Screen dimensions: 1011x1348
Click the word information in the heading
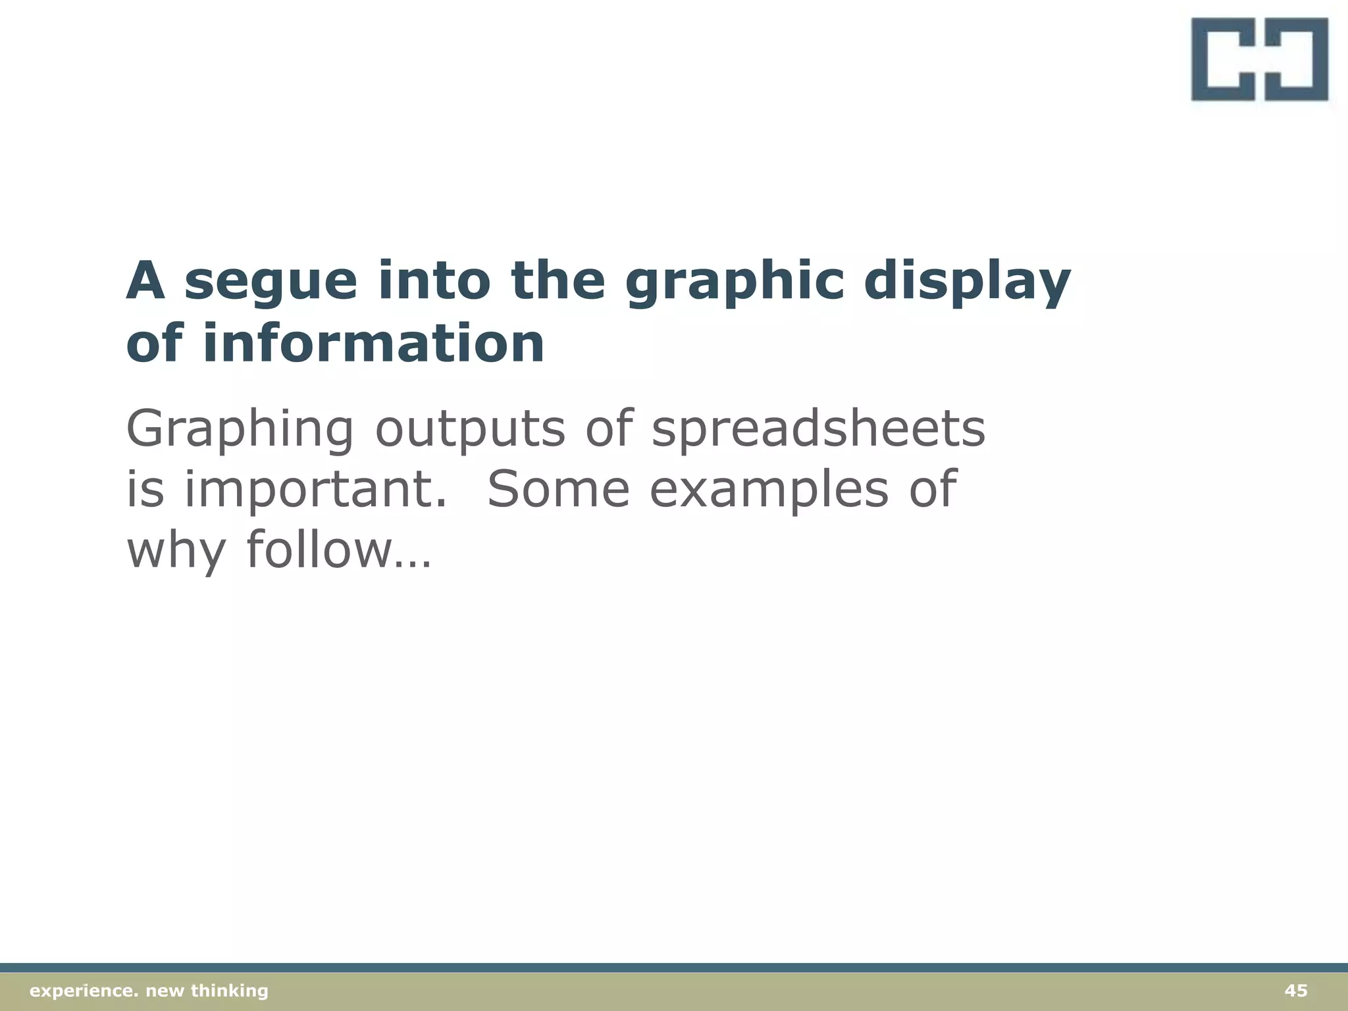point(373,344)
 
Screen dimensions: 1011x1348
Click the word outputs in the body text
point(470,428)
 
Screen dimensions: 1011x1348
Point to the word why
point(176,551)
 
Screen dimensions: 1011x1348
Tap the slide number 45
point(1295,991)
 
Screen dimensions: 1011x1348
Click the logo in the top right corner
point(1259,59)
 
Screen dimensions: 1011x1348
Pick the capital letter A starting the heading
point(145,282)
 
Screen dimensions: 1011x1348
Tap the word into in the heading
point(434,282)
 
